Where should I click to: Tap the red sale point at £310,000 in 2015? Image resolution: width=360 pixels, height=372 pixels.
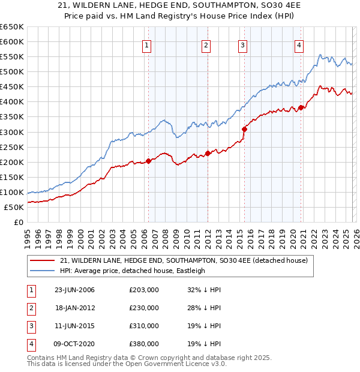click(244, 128)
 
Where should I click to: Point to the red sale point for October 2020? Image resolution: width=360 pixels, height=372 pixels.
click(301, 108)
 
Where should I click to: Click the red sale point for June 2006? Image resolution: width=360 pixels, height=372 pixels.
click(148, 161)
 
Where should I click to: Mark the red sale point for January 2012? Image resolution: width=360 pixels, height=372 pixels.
click(208, 153)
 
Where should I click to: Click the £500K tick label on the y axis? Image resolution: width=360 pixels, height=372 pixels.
click(11, 72)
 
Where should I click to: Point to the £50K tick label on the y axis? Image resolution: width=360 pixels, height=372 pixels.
click(13, 207)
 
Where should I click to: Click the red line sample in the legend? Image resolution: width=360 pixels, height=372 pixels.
click(43, 260)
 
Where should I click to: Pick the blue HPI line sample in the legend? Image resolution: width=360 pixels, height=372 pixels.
click(43, 271)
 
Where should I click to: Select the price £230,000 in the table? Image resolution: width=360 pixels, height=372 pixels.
click(143, 308)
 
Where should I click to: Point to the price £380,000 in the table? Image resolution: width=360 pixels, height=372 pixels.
click(143, 344)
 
